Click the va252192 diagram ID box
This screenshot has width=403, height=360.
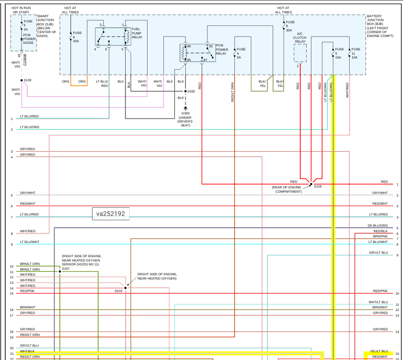pyautogui.click(x=111, y=214)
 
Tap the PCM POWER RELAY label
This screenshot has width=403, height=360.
pyautogui.click(x=222, y=49)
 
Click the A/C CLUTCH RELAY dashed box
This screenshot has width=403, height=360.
pyautogui.click(x=300, y=53)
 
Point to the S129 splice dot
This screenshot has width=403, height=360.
pyautogui.click(x=311, y=184)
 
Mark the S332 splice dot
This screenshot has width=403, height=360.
pyautogui.click(x=186, y=91)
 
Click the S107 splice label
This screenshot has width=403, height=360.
pyautogui.click(x=65, y=268)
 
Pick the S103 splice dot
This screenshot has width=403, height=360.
pyautogui.click(x=126, y=288)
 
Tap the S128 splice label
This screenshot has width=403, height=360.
pyautogui.click(x=28, y=80)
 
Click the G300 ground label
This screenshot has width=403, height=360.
pyautogui.click(x=185, y=113)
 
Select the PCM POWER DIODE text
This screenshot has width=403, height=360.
pyautogui.click(x=30, y=39)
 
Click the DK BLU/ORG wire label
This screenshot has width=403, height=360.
pyautogui.click(x=378, y=225)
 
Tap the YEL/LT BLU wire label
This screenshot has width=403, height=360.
pyautogui.click(x=379, y=351)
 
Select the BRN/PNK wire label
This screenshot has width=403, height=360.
pyautogui.click(x=380, y=237)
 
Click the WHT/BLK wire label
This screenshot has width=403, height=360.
pyautogui.click(x=28, y=351)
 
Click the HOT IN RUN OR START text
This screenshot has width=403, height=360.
pyautogui.click(x=21, y=10)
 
